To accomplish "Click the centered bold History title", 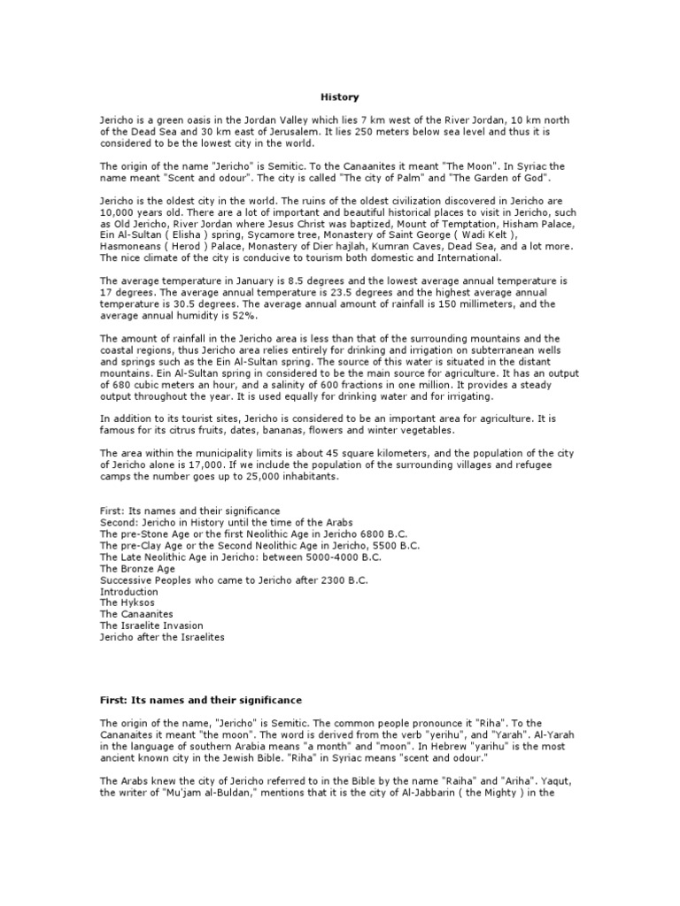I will (x=339, y=96).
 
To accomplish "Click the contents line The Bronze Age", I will (x=139, y=568).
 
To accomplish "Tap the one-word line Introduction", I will (x=129, y=591).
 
